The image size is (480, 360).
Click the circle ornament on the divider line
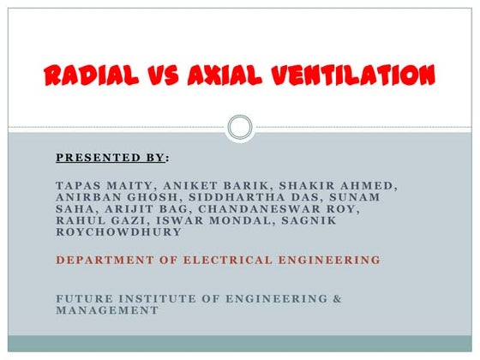tap(240, 128)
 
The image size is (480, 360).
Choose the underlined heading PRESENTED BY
tap(111, 158)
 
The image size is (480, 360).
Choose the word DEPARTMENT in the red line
tap(103, 259)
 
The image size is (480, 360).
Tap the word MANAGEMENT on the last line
tap(107, 310)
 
